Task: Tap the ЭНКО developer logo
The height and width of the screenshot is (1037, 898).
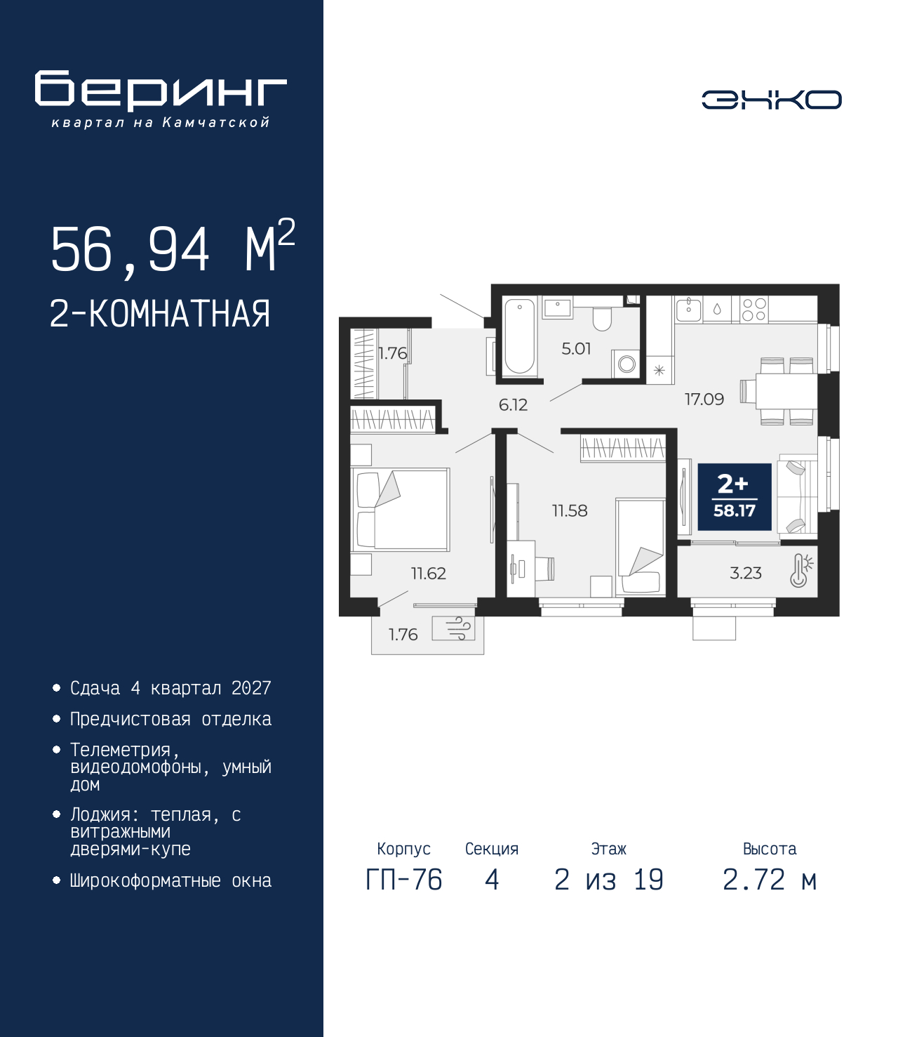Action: click(771, 100)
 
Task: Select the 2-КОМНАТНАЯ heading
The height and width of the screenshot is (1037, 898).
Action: click(160, 314)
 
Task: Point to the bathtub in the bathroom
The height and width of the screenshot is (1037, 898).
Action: click(519, 336)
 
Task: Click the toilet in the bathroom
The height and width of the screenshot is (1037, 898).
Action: click(602, 319)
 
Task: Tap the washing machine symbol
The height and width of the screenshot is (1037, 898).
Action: click(626, 363)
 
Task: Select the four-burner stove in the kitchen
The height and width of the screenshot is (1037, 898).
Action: click(754, 309)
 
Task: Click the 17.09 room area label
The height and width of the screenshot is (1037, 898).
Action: click(704, 399)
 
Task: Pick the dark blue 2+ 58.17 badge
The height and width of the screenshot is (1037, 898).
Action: click(734, 496)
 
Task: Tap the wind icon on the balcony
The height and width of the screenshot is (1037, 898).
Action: click(453, 628)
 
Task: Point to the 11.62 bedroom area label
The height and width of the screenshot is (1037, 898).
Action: click(428, 573)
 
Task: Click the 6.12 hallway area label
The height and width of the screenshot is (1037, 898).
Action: click(513, 405)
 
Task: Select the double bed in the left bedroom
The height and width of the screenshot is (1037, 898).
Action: click(400, 509)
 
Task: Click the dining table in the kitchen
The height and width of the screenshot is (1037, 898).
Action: click(786, 391)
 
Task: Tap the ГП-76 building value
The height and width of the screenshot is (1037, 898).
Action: click(403, 880)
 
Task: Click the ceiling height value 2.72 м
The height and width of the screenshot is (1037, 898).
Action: click(770, 880)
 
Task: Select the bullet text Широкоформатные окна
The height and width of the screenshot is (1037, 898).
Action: click(170, 880)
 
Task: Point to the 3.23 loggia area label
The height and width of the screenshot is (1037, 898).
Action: click(746, 573)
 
